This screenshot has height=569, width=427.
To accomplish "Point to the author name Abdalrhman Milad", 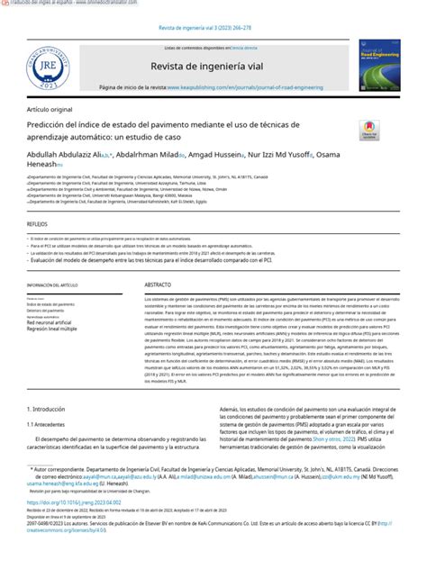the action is click(x=144, y=155).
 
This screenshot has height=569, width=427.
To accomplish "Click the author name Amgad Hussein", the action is click(x=217, y=155).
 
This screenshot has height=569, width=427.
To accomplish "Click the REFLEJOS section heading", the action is click(x=40, y=221).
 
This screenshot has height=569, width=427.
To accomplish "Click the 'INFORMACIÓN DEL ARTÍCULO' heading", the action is click(x=61, y=284).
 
